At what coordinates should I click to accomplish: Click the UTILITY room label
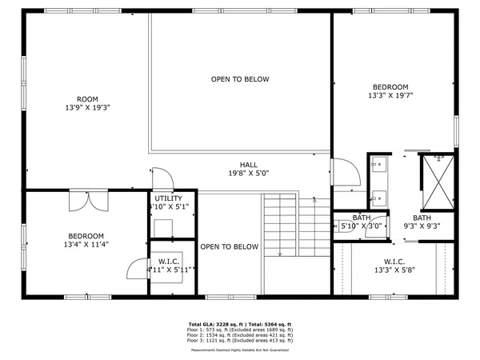pos(169,198)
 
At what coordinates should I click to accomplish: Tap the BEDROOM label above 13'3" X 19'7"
pos(390,87)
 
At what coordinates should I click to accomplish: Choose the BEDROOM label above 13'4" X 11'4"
pos(86,236)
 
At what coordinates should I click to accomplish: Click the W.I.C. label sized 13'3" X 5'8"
pos(394,262)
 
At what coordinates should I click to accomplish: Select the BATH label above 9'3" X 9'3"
pos(422,218)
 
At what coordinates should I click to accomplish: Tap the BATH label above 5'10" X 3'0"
pos(362,218)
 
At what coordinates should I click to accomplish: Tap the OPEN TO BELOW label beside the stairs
pos(230,247)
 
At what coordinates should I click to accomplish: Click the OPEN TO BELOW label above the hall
pos(240,79)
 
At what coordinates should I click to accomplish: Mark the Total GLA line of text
pos(240,324)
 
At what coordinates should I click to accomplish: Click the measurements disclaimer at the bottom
pos(240,350)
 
